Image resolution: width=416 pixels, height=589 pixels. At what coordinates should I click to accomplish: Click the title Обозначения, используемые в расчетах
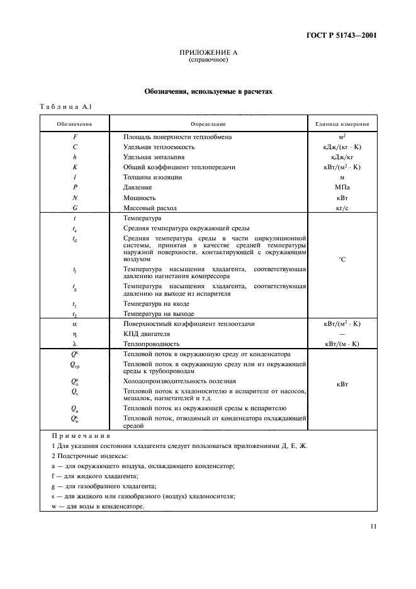coord(208,91)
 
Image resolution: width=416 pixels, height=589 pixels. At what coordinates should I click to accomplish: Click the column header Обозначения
coord(75,124)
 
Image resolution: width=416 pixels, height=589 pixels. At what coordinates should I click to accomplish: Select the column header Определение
coord(208,124)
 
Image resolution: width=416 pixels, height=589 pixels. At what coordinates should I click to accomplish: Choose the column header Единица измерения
coord(342,124)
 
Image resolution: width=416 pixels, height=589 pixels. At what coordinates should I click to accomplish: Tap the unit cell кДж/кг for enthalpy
coord(342,157)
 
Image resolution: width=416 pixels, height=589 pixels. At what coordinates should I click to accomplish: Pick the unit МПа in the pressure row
coord(342,187)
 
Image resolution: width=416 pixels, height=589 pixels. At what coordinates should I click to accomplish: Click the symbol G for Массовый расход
coord(75,207)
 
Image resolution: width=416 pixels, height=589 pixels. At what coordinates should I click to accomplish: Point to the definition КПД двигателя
coord(148,334)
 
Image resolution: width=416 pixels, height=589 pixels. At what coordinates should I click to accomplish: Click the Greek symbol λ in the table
coord(74,344)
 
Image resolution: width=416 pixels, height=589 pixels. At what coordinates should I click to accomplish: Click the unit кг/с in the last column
coord(342,207)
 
